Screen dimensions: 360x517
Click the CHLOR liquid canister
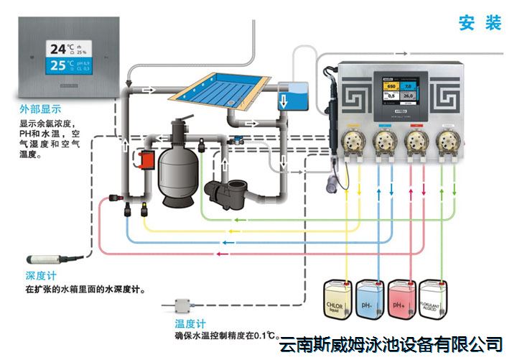(x=340, y=300)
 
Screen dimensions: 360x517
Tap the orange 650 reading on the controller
(x=392, y=86)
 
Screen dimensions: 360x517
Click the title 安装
(x=480, y=23)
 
